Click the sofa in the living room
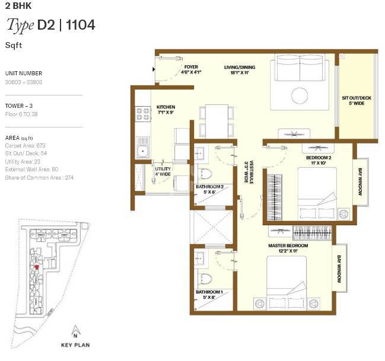[x=302, y=69]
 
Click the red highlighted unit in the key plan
[x=37, y=267]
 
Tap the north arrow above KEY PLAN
[x=75, y=330]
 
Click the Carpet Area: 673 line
[x=25, y=145]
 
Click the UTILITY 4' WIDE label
[x=163, y=171]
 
